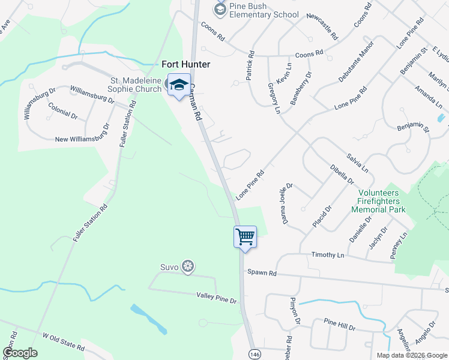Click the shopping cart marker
[245, 236]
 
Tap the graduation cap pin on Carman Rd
[179, 85]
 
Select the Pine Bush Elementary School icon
[220, 9]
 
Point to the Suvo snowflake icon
[188, 266]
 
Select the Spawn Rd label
[264, 273]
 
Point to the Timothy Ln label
[328, 255]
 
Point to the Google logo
[20, 352]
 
